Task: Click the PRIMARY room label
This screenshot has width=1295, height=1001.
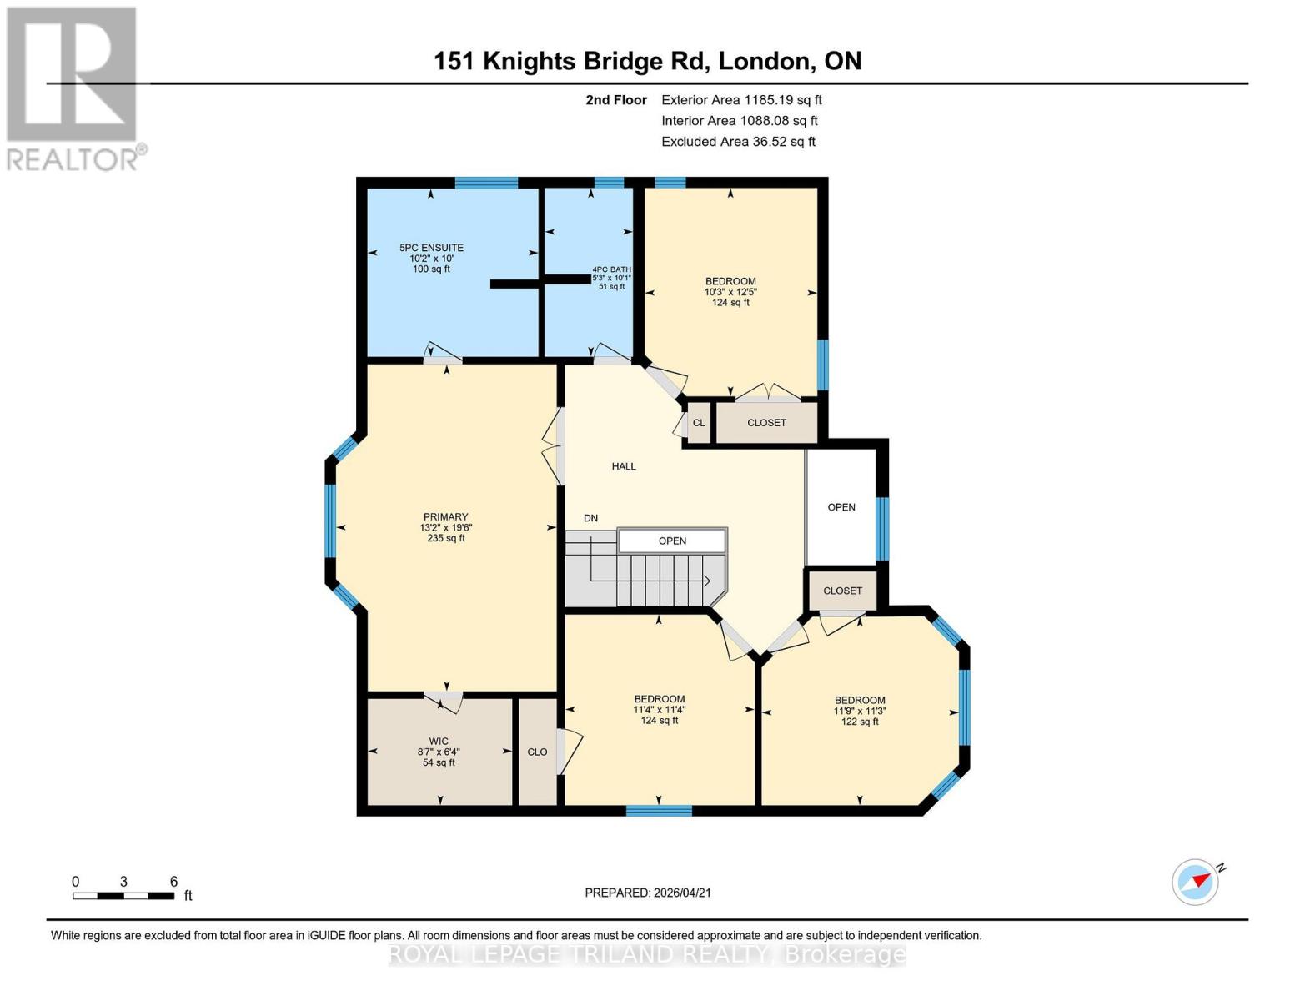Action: pos(445,517)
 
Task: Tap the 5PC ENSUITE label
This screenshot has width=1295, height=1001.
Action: pos(431,248)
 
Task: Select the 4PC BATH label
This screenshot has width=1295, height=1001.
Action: pos(611,269)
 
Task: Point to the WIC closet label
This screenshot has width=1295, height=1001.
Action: pos(439,741)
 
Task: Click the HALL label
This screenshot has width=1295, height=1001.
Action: pos(624,467)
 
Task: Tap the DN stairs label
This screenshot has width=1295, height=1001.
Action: pos(590,518)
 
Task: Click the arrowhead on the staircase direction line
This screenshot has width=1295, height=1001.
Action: pos(705,581)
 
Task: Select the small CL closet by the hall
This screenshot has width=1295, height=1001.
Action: pos(699,423)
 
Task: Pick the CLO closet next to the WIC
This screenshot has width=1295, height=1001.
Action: pos(537,752)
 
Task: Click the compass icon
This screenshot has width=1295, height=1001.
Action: pos(1196,882)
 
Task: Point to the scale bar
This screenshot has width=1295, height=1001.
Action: pos(123,896)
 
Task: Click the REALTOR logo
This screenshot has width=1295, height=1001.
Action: pos(73,88)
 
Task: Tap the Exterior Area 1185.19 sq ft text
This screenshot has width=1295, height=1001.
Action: pos(741,100)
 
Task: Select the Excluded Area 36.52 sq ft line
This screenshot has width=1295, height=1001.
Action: pos(738,142)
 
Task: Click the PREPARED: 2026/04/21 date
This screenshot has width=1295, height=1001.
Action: pos(648,893)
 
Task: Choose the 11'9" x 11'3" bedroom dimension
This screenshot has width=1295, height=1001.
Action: pos(860,712)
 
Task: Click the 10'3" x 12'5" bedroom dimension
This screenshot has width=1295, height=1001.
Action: pos(730,292)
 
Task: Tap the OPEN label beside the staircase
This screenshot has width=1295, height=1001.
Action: pos(672,541)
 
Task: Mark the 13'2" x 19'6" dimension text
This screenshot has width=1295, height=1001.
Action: pos(445,528)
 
